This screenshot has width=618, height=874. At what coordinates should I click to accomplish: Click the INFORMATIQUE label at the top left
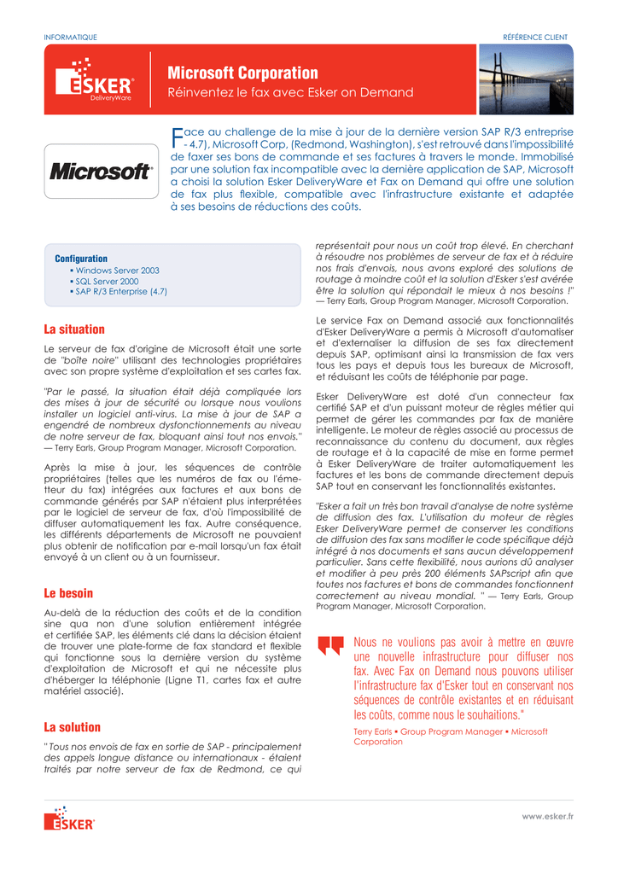click(x=70, y=37)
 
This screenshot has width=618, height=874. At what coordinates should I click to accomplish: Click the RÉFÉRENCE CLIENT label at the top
click(x=535, y=37)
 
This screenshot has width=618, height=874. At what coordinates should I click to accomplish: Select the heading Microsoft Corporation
click(x=243, y=73)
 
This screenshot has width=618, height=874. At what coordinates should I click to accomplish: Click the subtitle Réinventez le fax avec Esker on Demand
click(x=290, y=92)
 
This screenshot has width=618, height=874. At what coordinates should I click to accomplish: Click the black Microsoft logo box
click(x=101, y=172)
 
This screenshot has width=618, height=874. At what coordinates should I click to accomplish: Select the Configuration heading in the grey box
click(x=81, y=259)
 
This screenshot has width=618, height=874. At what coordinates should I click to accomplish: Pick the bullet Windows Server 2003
click(x=117, y=271)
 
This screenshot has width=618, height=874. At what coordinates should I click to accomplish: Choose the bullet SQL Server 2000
click(x=107, y=281)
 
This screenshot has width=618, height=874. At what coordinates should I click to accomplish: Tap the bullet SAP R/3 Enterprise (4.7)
click(x=121, y=292)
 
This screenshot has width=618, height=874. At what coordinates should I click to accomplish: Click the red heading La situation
click(x=74, y=329)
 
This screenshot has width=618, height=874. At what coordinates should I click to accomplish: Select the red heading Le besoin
click(x=68, y=593)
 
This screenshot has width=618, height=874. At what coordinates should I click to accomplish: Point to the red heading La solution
click(x=72, y=727)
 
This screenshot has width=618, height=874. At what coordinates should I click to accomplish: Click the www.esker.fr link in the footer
click(x=547, y=817)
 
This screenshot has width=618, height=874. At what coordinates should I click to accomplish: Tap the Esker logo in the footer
click(x=69, y=819)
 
